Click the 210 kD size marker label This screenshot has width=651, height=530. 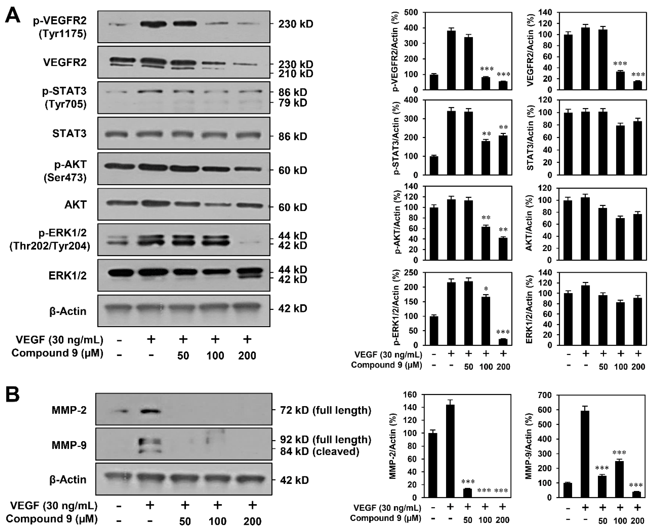295,74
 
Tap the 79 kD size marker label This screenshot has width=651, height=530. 292,103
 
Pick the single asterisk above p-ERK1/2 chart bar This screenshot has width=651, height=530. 486,288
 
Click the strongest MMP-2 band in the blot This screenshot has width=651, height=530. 150,411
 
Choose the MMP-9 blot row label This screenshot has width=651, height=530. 69,445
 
